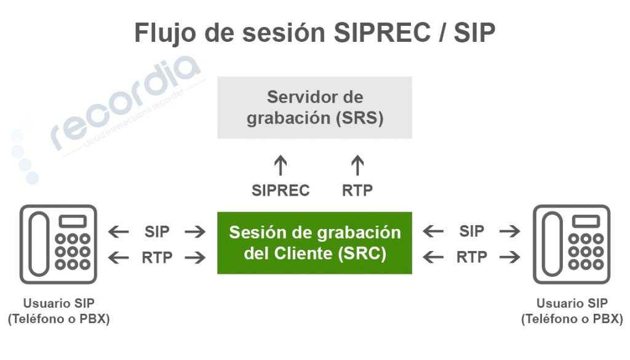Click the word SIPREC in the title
click(382, 33)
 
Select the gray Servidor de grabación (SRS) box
click(314, 108)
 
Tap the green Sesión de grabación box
click(314, 243)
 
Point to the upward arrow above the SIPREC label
click(281, 165)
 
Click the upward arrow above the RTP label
click(357, 165)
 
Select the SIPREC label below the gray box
click(281, 190)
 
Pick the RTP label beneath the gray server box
click(357, 190)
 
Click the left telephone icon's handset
click(39, 244)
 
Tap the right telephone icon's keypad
click(586, 251)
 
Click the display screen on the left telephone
click(73, 222)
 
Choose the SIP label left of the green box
click(157, 232)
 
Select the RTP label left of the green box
click(157, 258)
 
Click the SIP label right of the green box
click(472, 231)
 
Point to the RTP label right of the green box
click(472, 257)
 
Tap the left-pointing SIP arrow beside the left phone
click(119, 232)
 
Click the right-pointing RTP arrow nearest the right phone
click(510, 257)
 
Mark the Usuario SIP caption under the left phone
click(58, 303)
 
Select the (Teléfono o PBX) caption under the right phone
click(572, 319)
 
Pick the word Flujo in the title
click(165, 33)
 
